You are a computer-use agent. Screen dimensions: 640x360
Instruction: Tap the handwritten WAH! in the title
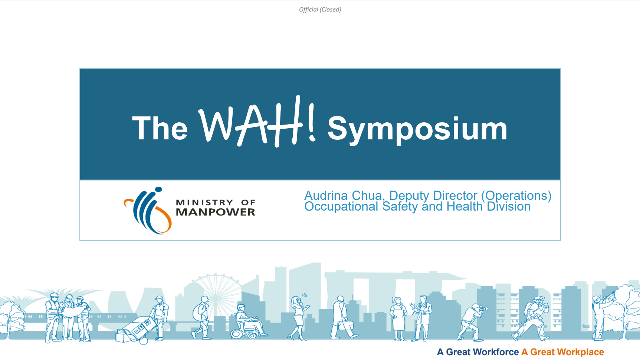(257, 122)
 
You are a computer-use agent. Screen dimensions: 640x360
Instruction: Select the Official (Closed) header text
(320, 9)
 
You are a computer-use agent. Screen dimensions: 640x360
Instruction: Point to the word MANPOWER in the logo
(216, 212)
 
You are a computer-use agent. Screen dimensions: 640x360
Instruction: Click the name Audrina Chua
(343, 195)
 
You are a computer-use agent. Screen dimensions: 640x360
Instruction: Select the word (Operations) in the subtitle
(516, 195)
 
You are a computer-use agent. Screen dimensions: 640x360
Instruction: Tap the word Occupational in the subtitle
(341, 207)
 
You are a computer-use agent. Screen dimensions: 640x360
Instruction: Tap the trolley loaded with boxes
(136, 330)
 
